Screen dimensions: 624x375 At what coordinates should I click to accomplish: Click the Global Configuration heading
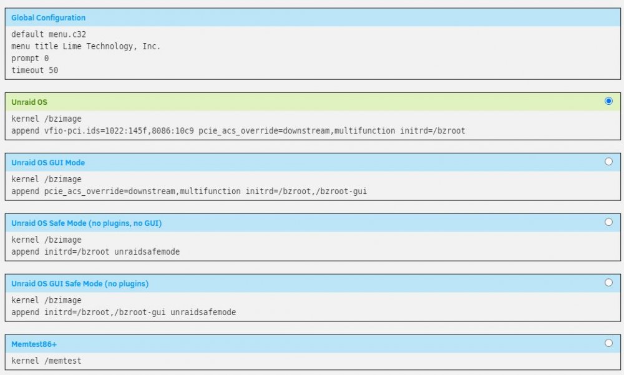click(x=48, y=17)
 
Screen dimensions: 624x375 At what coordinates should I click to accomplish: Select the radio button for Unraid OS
click(x=608, y=101)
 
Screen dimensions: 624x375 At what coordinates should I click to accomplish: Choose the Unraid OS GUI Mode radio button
click(x=608, y=162)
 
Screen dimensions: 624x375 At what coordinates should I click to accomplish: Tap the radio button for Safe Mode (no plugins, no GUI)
click(x=608, y=222)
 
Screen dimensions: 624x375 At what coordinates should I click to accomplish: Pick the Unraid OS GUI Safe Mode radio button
click(x=608, y=283)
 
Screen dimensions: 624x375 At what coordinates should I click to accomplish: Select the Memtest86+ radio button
click(x=608, y=343)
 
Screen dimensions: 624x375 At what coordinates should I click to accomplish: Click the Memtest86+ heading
click(x=34, y=344)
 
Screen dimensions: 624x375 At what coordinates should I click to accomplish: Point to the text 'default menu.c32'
click(x=49, y=34)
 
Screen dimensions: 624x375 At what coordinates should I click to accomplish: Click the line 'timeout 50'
click(x=34, y=70)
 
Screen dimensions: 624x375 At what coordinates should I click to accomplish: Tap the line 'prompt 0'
click(x=30, y=58)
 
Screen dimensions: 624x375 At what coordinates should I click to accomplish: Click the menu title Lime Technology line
click(x=85, y=46)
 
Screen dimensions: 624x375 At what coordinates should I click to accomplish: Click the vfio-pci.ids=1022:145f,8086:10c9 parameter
click(x=119, y=130)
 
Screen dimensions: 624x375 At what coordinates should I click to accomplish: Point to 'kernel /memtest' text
click(x=46, y=361)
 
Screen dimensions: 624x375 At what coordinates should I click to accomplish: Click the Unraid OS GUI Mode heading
click(x=48, y=162)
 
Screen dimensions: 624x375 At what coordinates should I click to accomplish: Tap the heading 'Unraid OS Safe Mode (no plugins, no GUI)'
click(x=86, y=223)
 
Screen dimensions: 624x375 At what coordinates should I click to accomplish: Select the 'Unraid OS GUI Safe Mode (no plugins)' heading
click(x=80, y=283)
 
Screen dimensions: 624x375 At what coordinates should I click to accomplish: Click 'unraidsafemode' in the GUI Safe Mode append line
click(x=203, y=312)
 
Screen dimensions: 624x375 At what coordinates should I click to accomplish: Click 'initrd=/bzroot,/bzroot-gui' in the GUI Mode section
click(x=306, y=191)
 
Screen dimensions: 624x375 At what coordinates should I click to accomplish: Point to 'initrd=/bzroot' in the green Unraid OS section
click(x=432, y=130)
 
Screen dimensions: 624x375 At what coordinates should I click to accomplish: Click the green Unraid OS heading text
click(x=29, y=102)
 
